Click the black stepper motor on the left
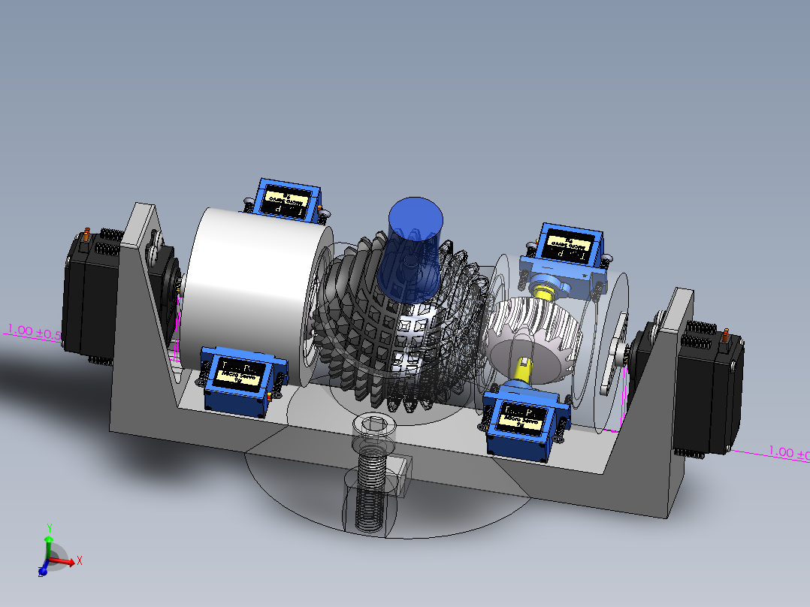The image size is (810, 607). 86,297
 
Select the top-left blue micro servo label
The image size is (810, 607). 287,201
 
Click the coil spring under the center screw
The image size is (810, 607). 373,488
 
